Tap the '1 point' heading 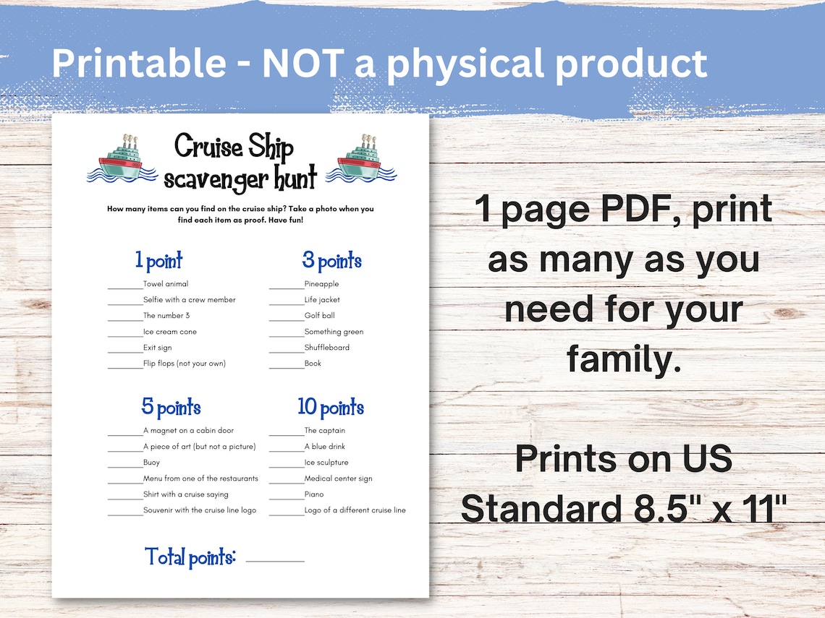point(158,260)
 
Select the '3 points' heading point(331,261)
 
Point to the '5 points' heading point(171,407)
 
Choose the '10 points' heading point(331,407)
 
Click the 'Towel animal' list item point(166,284)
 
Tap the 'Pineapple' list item point(321,284)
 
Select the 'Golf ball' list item point(319,315)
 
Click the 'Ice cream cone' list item point(169,332)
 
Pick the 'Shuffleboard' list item point(326,348)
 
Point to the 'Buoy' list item point(151,463)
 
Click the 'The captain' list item point(325,430)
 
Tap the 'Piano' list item point(314,494)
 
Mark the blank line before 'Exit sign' point(125,352)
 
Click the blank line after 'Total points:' point(275,561)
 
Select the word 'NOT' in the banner point(302,64)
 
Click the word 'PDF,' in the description point(640,209)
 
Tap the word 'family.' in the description point(624,359)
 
